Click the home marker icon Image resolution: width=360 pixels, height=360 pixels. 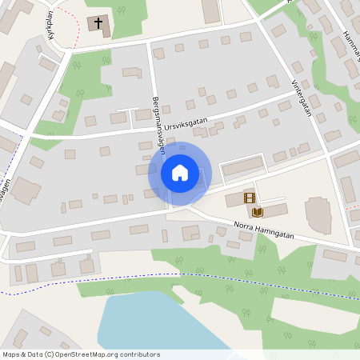(180, 173)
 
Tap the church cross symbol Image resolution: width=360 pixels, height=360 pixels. (99, 23)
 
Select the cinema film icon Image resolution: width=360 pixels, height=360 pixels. (250, 198)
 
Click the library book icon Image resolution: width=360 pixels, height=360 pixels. (258, 212)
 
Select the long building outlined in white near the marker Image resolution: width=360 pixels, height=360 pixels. (242, 166)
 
